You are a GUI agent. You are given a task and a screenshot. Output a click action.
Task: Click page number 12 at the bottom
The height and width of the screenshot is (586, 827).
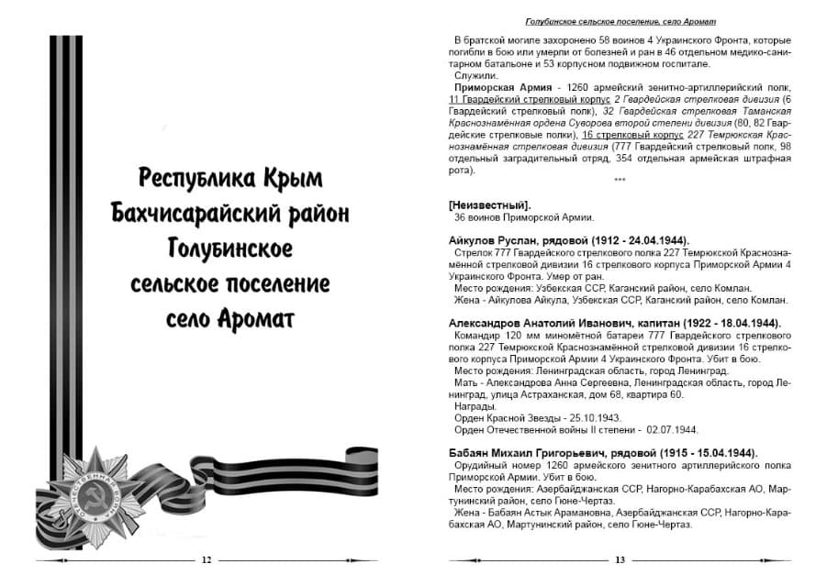(207, 560)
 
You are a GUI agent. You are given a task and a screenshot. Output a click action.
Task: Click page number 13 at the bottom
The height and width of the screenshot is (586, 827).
(620, 560)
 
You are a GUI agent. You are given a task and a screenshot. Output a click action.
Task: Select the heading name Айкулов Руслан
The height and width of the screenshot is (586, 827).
(497, 240)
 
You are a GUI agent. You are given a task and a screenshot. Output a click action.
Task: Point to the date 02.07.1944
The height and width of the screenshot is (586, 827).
(673, 429)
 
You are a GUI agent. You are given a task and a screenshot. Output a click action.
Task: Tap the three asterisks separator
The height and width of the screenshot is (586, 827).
(620, 181)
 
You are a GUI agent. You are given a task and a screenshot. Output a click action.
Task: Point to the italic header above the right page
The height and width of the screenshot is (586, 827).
(620, 20)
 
